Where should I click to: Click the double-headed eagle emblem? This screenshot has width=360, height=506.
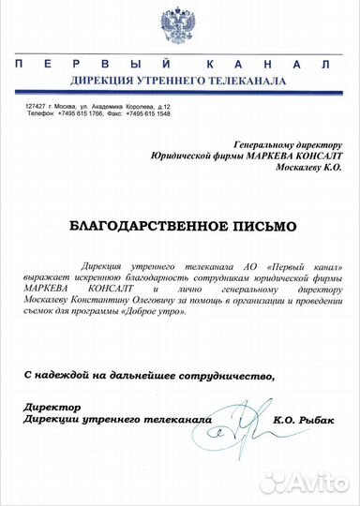(180, 28)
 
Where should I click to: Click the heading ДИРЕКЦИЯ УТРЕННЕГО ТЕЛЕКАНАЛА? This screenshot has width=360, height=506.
(179, 81)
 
